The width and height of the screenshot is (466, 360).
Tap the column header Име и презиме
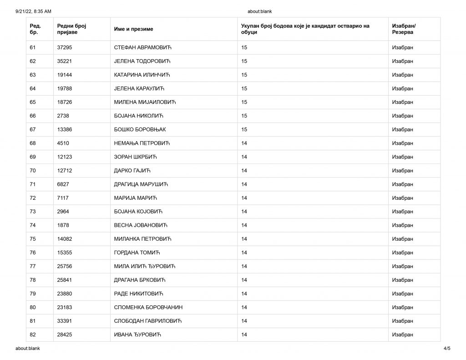(133, 29)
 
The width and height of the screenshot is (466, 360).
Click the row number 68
(33, 143)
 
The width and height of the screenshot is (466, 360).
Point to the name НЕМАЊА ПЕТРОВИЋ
(142, 143)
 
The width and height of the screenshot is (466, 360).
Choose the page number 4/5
(447, 349)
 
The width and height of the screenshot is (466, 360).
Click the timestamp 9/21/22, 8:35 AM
(33, 11)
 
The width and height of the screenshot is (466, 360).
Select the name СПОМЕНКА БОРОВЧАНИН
(148, 307)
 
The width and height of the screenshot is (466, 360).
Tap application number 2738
(63, 116)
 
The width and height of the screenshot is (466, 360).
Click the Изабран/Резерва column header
(404, 29)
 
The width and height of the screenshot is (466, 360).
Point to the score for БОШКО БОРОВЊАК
(244, 130)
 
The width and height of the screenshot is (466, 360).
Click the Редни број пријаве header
(72, 29)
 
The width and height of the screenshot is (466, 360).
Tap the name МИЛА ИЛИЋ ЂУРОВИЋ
(144, 266)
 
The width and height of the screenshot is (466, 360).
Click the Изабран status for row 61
(402, 47)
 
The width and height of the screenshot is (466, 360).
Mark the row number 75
(33, 239)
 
